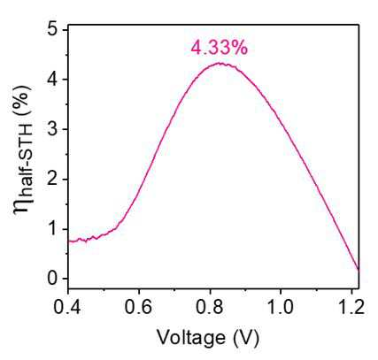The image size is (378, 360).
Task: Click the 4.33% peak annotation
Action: (220, 48)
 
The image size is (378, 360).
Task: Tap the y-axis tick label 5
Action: (52, 30)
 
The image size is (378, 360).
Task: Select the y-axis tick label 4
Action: (52, 80)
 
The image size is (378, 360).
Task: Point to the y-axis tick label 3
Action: (52, 129)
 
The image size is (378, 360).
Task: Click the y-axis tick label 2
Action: (52, 180)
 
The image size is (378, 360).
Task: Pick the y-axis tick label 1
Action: (53, 229)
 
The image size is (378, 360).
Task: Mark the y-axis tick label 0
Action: (52, 279)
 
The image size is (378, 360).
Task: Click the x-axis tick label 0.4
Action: (67, 307)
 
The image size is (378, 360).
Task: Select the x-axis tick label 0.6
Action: (138, 307)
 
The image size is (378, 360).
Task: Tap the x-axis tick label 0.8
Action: (210, 307)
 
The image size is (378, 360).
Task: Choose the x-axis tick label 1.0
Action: (281, 307)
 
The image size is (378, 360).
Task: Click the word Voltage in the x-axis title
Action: (190, 337)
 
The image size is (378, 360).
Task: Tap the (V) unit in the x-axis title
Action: (246, 338)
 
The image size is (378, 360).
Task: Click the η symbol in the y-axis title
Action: (23, 204)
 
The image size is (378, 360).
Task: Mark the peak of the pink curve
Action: (220, 63)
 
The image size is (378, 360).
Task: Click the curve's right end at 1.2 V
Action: (359, 269)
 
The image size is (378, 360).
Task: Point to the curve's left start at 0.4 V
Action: (68, 241)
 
